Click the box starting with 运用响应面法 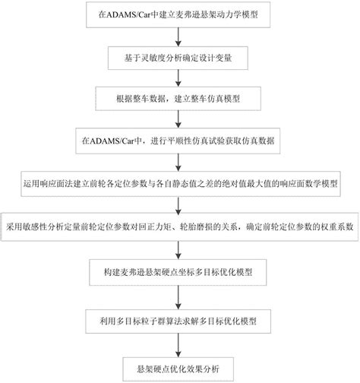(x=179, y=183)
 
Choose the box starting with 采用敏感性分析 (x=179, y=226)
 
